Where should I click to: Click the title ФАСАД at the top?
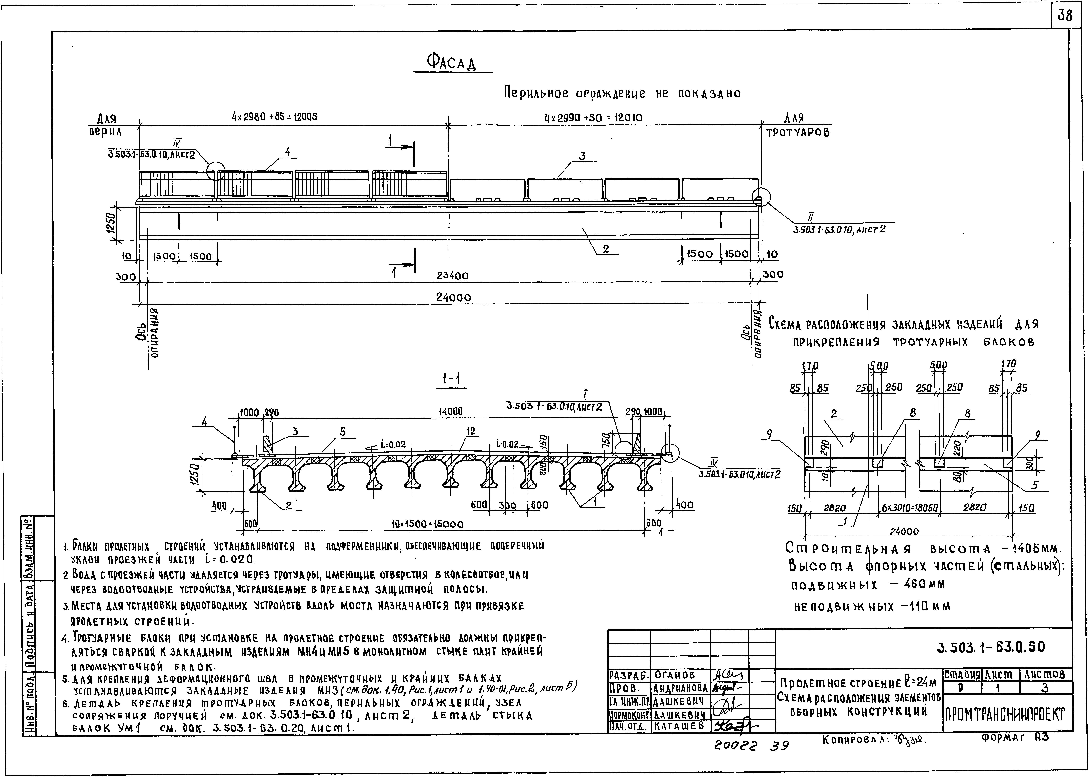pos(452,61)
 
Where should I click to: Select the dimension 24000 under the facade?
pos(453,297)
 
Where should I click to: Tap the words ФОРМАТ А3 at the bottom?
pos(1015,738)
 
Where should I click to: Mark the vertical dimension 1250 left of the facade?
pos(111,223)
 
